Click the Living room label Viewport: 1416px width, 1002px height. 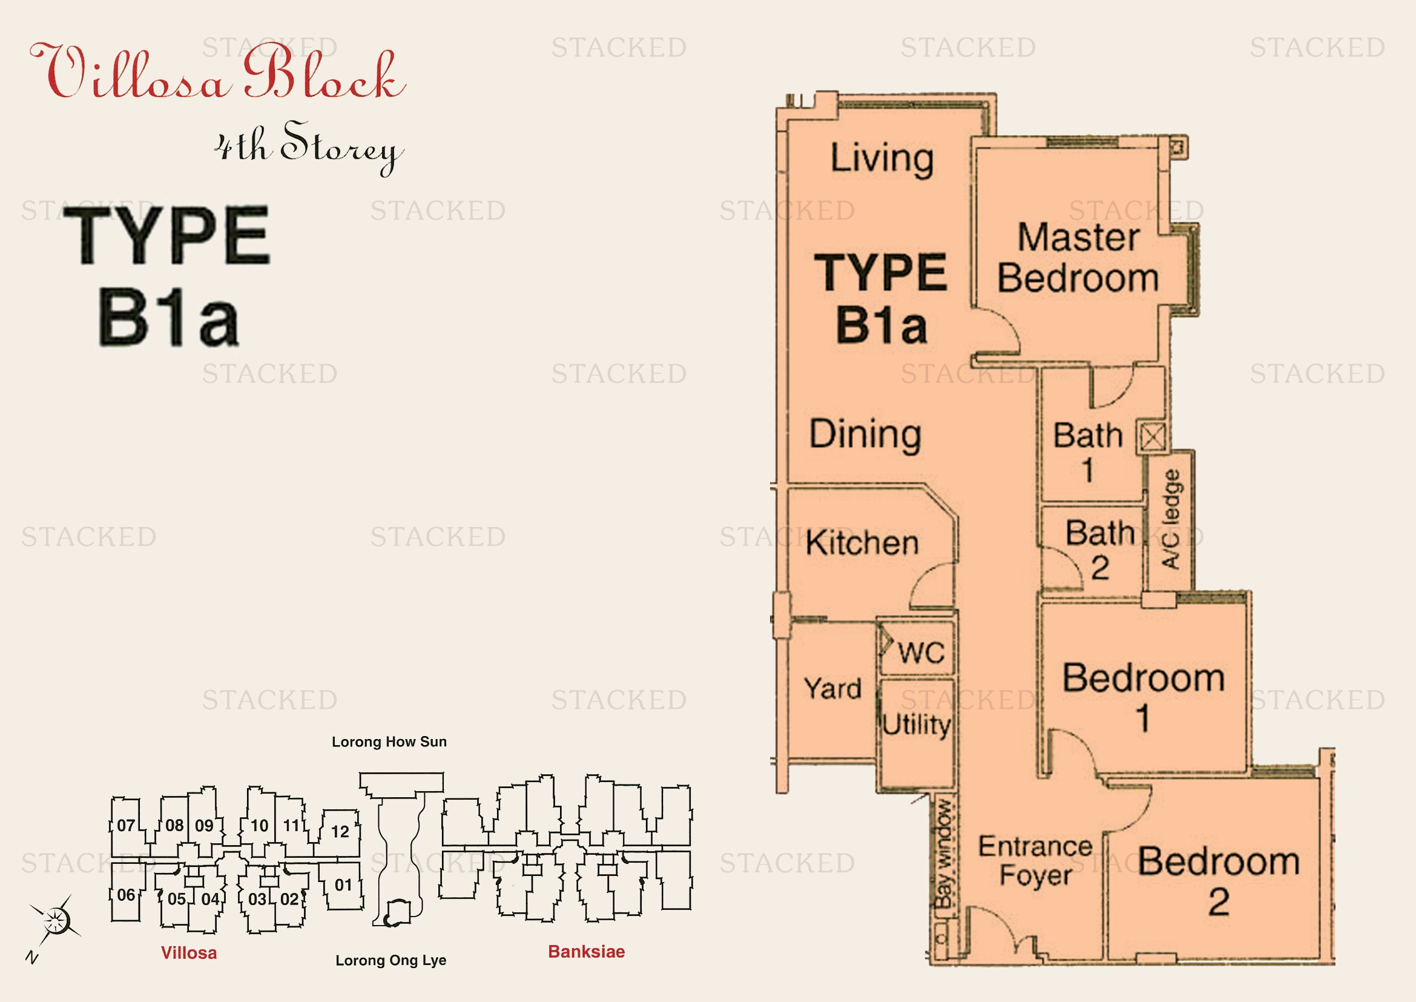(882, 159)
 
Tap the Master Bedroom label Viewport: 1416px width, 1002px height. (1078, 258)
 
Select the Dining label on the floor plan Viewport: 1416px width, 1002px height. (865, 434)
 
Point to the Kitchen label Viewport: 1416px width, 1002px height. (862, 543)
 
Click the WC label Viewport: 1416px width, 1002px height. (921, 653)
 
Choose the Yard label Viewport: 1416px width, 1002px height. (832, 688)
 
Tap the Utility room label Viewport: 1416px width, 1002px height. (917, 725)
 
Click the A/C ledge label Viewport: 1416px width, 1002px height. (1171, 519)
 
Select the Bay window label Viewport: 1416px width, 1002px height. (944, 855)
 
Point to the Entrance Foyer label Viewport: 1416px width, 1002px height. (1035, 861)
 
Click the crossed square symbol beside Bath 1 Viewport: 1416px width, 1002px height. (1153, 437)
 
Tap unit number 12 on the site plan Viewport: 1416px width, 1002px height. (340, 832)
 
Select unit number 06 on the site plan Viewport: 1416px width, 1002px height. (126, 895)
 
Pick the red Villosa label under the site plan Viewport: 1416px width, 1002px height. (189, 954)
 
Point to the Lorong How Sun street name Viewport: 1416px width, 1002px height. (389, 742)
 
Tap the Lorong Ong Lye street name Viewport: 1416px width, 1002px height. (391, 961)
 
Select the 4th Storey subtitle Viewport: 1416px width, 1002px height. (309, 148)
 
